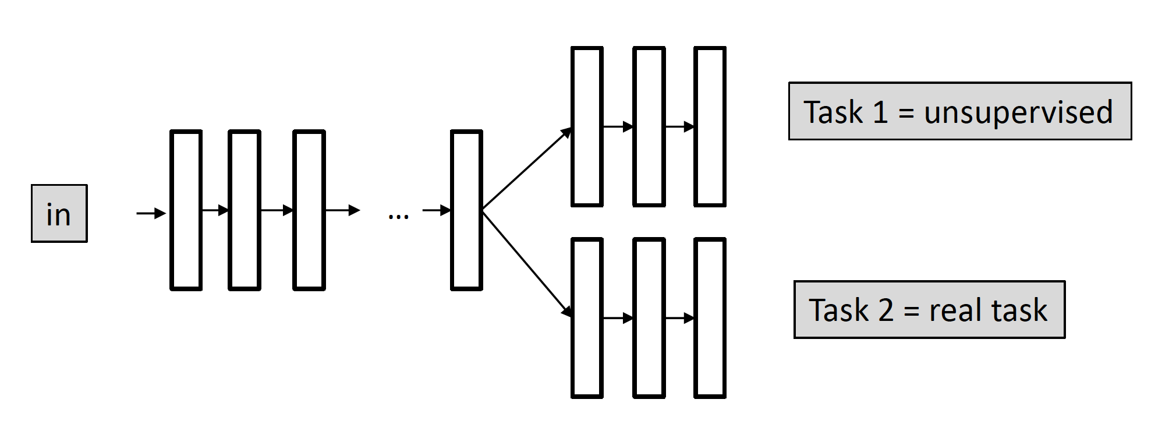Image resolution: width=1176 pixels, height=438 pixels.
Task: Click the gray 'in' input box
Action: click(59, 214)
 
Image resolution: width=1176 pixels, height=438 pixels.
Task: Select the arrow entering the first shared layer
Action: click(151, 214)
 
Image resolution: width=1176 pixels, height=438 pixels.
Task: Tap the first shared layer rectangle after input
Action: click(186, 210)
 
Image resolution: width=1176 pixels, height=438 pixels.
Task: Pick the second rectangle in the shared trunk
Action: click(245, 210)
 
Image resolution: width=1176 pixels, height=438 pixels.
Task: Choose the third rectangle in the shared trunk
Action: click(309, 210)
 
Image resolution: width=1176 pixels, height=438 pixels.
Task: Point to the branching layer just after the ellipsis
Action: click(466, 210)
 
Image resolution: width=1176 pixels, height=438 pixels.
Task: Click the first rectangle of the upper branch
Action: click(587, 127)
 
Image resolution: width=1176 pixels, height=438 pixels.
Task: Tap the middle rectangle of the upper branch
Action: click(649, 127)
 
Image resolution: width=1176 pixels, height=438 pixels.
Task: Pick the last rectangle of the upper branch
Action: click(710, 127)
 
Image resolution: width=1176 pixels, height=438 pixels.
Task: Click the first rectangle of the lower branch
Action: click(587, 318)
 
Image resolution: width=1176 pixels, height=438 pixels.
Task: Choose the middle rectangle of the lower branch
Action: click(649, 318)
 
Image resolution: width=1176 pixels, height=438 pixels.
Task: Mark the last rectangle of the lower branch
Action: click(710, 318)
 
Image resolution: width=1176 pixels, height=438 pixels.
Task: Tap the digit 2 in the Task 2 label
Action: click(885, 310)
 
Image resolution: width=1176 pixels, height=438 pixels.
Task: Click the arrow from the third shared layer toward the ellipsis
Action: click(342, 210)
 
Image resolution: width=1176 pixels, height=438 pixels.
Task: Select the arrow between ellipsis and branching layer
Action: click(437, 210)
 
